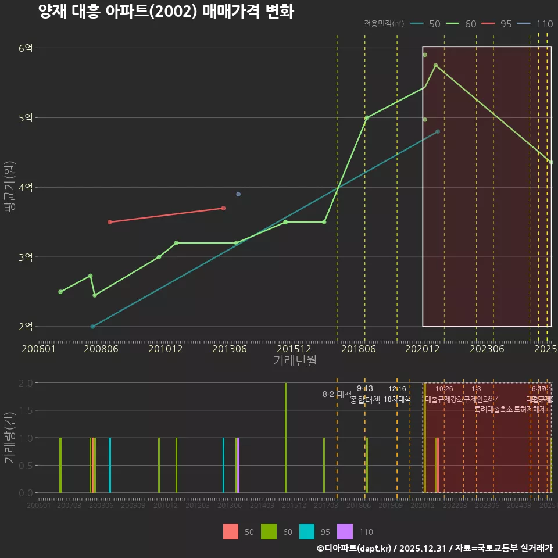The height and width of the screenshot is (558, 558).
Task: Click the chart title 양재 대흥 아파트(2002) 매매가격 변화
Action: point(166,12)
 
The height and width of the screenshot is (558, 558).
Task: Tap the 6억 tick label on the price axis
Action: point(26,48)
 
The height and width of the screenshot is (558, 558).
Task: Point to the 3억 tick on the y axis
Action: point(26,257)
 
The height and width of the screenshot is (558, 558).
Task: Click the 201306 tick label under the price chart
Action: point(230,349)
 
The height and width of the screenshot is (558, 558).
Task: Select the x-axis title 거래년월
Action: point(295,361)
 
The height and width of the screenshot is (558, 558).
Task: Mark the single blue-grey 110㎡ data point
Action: point(238,194)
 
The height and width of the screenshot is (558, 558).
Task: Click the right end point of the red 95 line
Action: point(223,208)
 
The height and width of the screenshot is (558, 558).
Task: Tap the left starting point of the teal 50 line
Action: point(92,327)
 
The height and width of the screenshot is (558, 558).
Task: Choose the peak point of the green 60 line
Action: point(435,65)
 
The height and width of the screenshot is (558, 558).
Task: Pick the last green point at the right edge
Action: point(551,163)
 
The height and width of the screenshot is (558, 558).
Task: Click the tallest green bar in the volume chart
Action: point(285,438)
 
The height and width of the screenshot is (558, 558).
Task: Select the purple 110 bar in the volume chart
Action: point(238,465)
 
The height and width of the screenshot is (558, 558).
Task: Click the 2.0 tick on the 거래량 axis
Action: point(26,383)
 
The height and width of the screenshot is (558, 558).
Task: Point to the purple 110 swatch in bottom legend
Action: point(345,531)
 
